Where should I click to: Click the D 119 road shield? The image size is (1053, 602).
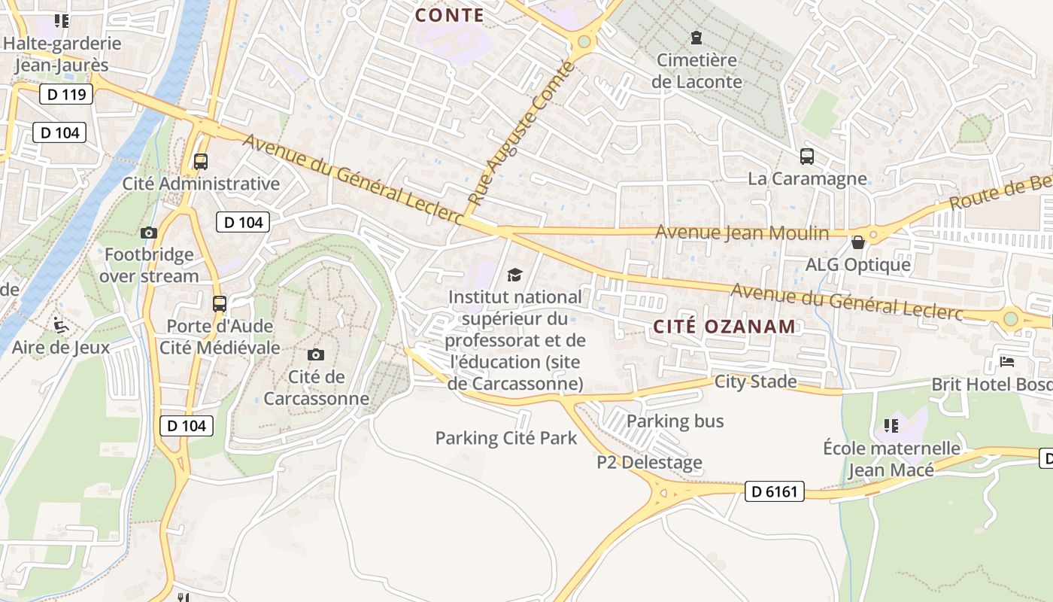click(x=66, y=94)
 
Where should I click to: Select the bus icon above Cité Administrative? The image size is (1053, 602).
click(x=201, y=161)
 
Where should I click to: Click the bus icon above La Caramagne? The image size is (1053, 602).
click(x=807, y=157)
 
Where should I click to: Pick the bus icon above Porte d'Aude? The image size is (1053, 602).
click(x=219, y=304)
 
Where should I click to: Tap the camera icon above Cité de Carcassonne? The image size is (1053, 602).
click(x=316, y=354)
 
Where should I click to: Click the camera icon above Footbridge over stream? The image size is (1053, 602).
click(x=148, y=233)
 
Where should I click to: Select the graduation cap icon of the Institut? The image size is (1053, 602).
click(x=514, y=275)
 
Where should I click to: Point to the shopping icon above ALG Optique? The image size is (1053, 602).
click(x=857, y=242)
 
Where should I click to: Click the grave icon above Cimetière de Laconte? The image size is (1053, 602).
click(x=696, y=37)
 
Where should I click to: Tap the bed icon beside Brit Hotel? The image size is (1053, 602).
click(x=1007, y=362)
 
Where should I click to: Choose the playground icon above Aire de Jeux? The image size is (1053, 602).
click(x=61, y=325)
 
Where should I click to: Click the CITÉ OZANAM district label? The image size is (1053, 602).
click(x=724, y=327)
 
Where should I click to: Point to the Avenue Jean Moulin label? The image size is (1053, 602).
click(x=742, y=233)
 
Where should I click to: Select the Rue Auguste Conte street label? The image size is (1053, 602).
click(x=521, y=134)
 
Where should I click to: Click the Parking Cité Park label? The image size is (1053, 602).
click(x=506, y=438)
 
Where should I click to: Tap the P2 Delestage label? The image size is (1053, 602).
click(x=649, y=462)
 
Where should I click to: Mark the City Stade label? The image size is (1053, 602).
click(x=755, y=382)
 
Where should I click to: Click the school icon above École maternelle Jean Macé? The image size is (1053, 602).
click(x=891, y=426)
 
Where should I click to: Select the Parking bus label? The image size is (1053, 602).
click(x=675, y=421)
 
